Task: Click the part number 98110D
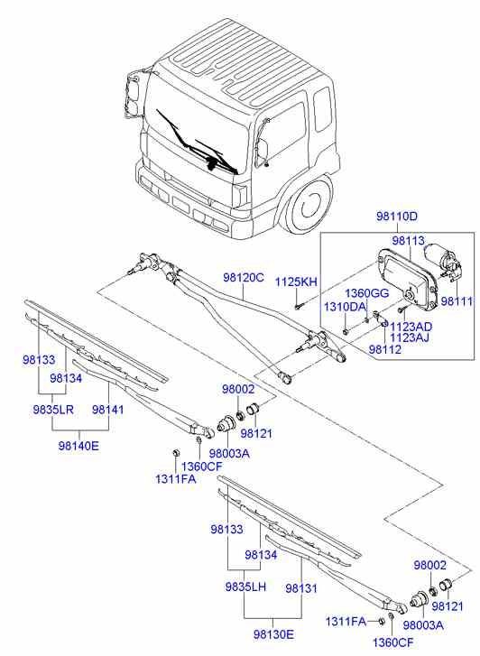[x=397, y=217]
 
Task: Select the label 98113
[x=408, y=241]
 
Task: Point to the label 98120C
[x=244, y=279]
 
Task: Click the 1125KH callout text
[x=297, y=282]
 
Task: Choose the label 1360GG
[x=365, y=293]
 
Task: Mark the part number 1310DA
[x=345, y=308]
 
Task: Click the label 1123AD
[x=411, y=326]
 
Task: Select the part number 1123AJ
[x=411, y=337]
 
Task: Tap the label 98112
[x=383, y=350]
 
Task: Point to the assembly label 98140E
[x=78, y=445]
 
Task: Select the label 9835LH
[x=245, y=587]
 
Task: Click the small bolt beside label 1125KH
[x=297, y=305]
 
